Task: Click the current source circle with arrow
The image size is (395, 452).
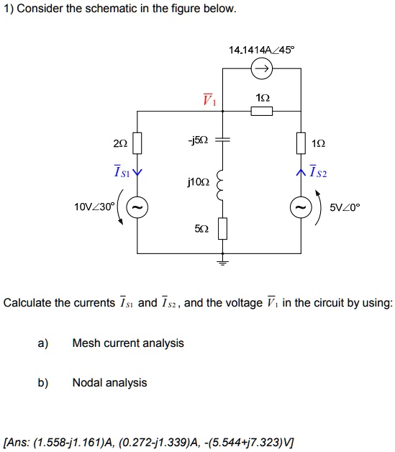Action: (261, 69)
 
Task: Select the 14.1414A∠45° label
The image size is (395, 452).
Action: (261, 50)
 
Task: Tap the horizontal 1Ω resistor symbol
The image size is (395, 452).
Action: (261, 111)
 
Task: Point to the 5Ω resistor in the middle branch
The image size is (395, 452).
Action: (223, 228)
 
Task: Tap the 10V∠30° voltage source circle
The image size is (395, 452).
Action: (137, 207)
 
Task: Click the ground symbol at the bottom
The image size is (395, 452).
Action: (223, 263)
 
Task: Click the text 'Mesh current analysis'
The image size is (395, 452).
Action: (128, 343)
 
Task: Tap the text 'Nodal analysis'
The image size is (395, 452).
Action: (109, 383)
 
